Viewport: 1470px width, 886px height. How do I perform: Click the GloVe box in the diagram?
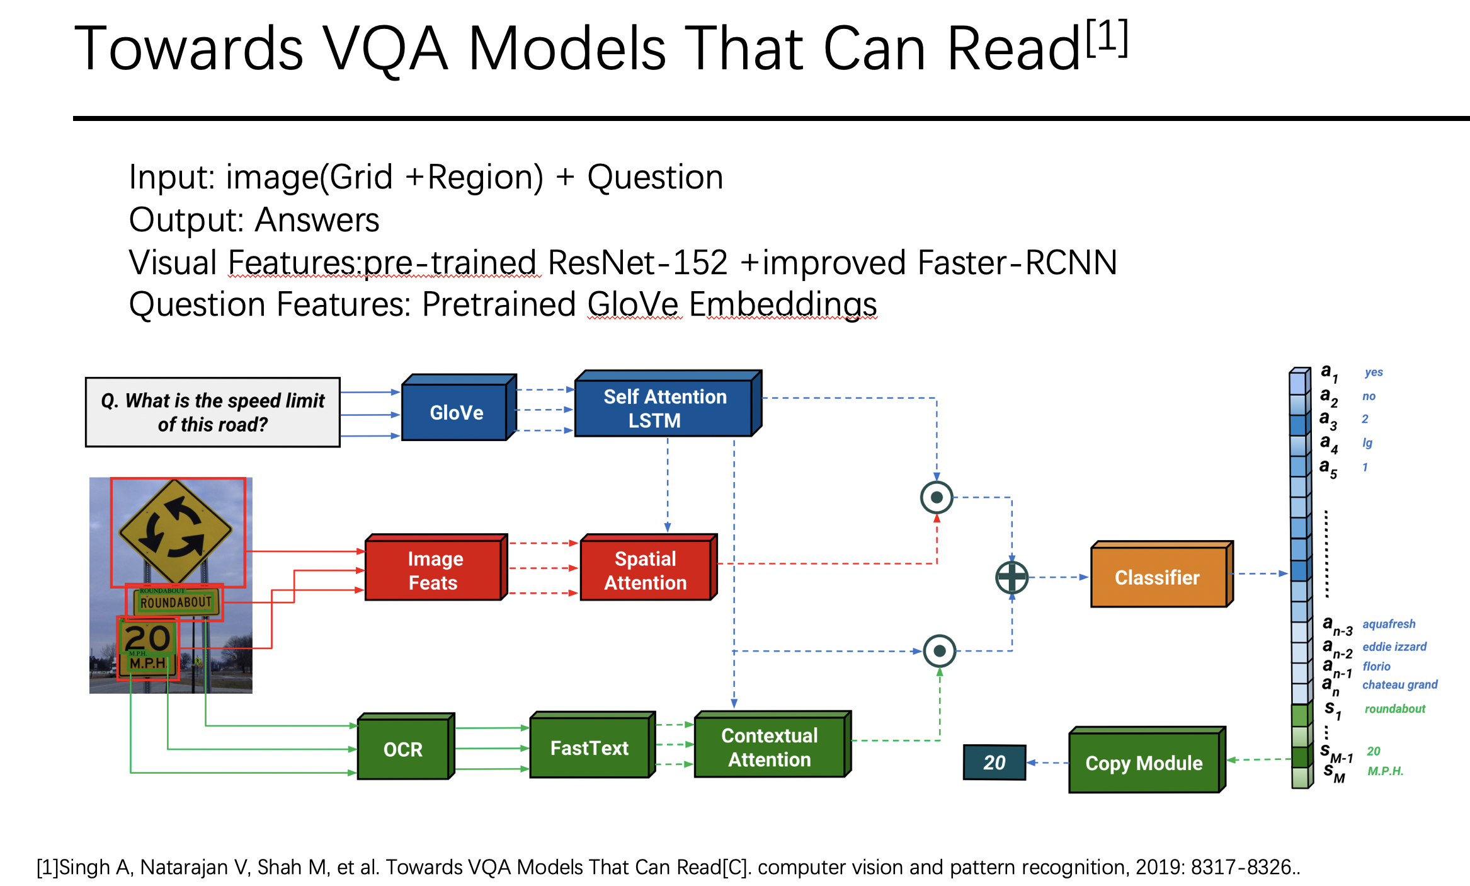point(455,413)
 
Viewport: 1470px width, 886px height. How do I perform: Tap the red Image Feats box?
point(434,570)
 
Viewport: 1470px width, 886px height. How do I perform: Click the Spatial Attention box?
point(646,570)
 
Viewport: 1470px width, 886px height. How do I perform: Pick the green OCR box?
point(403,749)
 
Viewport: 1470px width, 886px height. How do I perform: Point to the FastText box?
point(590,748)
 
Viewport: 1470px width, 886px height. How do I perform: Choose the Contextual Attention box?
point(769,747)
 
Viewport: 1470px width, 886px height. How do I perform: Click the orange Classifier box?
point(1158,577)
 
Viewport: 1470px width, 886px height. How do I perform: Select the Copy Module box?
point(1144,763)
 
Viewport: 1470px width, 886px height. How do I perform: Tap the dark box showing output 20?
point(994,762)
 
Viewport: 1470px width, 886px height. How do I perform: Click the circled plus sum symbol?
point(1012,577)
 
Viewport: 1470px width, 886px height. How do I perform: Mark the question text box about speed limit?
point(213,412)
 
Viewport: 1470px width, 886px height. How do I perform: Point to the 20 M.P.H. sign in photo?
point(148,648)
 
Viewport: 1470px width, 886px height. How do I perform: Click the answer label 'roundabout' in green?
point(1394,709)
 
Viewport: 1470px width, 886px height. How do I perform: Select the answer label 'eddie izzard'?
point(1394,647)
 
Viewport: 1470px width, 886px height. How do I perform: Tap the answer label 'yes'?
point(1374,372)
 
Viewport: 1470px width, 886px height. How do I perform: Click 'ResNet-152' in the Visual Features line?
point(637,263)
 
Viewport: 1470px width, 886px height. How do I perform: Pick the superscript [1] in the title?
point(1107,38)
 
